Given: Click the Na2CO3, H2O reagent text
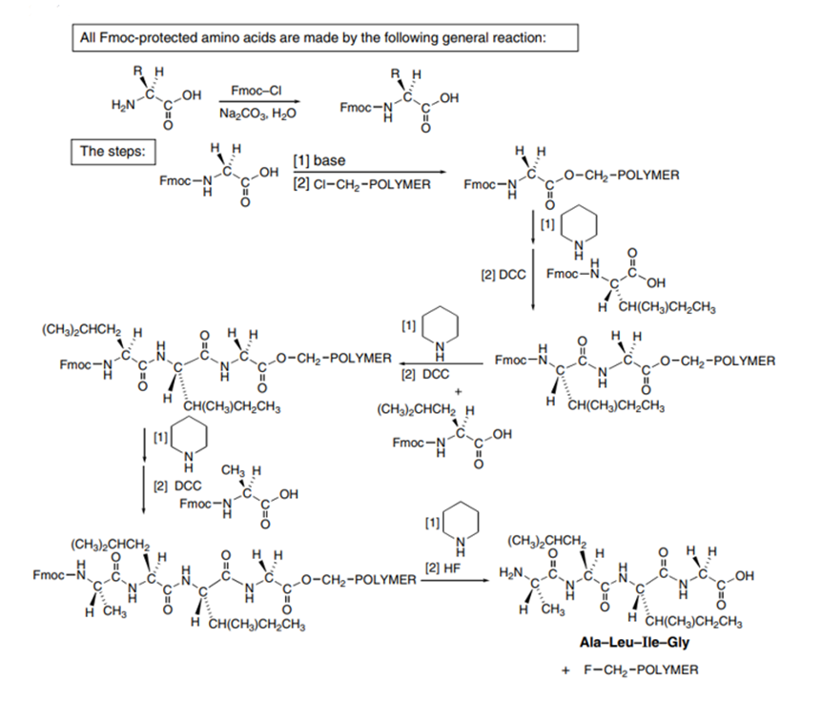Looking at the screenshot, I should coord(257,114).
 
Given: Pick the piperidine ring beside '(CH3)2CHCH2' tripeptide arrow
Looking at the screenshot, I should coord(440,328).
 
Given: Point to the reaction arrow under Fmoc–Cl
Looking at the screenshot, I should coord(257,101).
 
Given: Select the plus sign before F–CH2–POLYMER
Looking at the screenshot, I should coord(565,670).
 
